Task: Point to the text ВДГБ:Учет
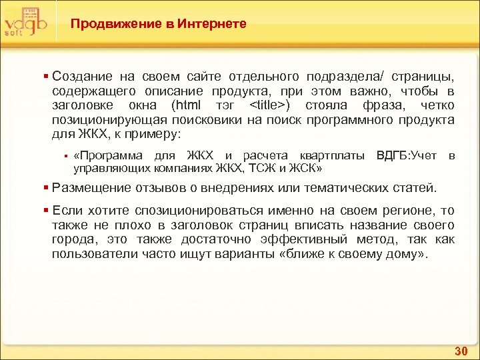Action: [407, 156]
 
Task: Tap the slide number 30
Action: [460, 351]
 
